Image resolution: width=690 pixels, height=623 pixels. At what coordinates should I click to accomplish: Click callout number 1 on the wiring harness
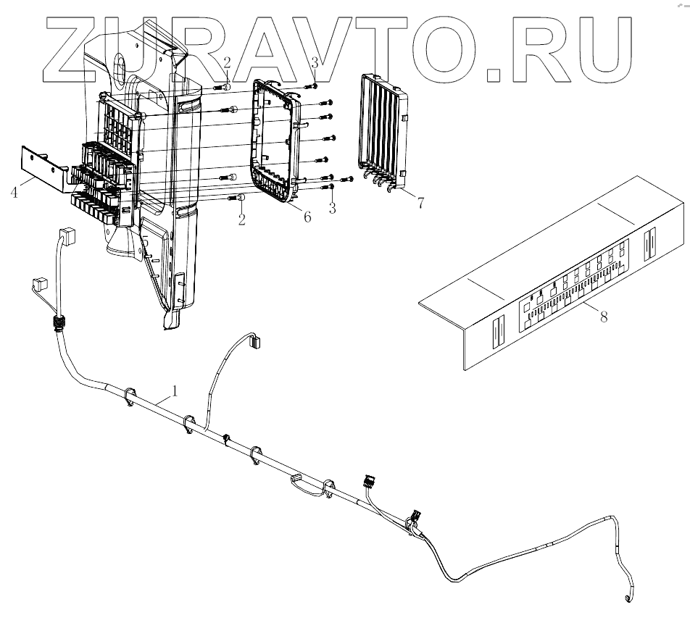175,391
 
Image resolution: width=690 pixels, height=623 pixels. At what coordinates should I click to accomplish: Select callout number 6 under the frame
307,217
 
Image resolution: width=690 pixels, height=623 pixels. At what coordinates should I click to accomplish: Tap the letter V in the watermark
331,45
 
